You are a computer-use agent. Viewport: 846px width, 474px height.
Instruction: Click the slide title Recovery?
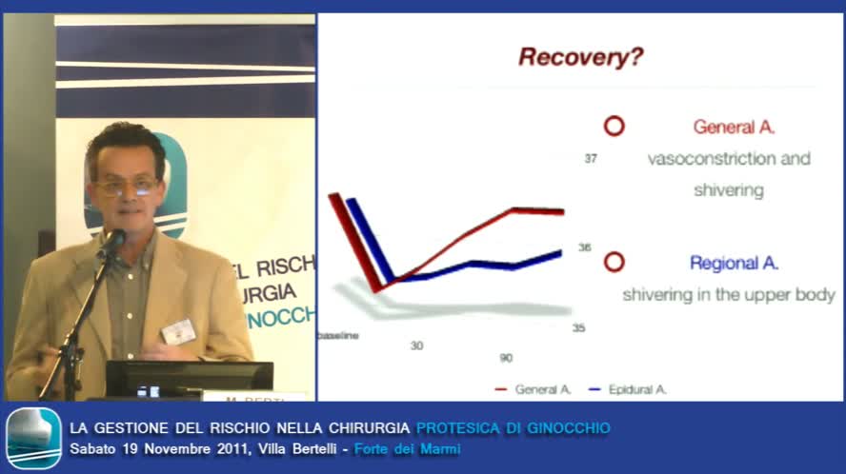(x=580, y=57)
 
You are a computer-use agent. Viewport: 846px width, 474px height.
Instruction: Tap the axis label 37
(x=591, y=159)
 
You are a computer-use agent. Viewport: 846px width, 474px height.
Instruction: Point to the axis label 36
(x=584, y=247)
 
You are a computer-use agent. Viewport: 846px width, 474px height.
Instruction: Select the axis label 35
(x=578, y=328)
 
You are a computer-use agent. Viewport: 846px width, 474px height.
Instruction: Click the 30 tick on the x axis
(x=416, y=346)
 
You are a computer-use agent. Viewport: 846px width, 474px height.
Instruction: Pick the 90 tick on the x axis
(x=505, y=358)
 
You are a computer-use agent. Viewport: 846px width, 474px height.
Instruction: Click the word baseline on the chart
(x=337, y=336)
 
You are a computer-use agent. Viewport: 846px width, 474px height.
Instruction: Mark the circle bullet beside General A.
(x=614, y=126)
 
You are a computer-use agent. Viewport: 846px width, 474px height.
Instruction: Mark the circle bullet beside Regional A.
(x=614, y=262)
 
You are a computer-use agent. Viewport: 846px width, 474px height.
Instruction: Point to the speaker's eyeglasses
(x=126, y=188)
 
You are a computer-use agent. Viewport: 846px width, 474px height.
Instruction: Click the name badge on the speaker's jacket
(x=178, y=331)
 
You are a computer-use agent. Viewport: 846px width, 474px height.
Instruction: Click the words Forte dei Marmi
(x=407, y=448)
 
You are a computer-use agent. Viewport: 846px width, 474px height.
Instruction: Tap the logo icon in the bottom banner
(x=33, y=438)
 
